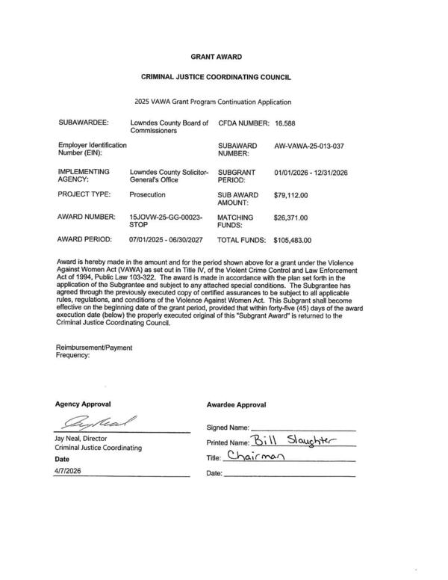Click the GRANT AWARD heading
217,57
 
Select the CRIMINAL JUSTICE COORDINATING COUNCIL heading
217,78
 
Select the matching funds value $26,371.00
292,218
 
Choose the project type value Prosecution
147,194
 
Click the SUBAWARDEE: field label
84,120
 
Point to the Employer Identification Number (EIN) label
92,149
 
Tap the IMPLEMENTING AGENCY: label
84,176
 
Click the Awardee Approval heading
235,404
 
